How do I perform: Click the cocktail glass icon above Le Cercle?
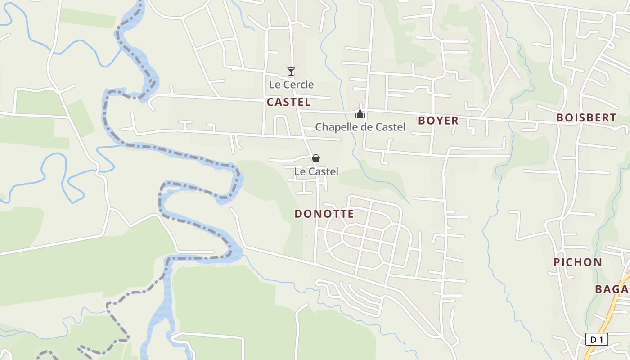pos(291,72)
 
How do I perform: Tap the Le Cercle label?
pos(291,85)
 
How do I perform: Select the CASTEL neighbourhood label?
pos(288,102)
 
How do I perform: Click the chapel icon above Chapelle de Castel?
pos(360,114)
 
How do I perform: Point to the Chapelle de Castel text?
pos(360,127)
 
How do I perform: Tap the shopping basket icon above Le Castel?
pos(316,158)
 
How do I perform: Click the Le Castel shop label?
pos(316,171)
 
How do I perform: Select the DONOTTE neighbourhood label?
pos(324,214)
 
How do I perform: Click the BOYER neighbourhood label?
pos(438,121)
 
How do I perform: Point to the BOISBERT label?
pos(586,118)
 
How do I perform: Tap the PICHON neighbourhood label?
pos(577,262)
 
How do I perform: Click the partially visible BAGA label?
pos(612,289)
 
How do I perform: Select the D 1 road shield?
pos(597,339)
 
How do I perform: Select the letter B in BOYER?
pos(422,121)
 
